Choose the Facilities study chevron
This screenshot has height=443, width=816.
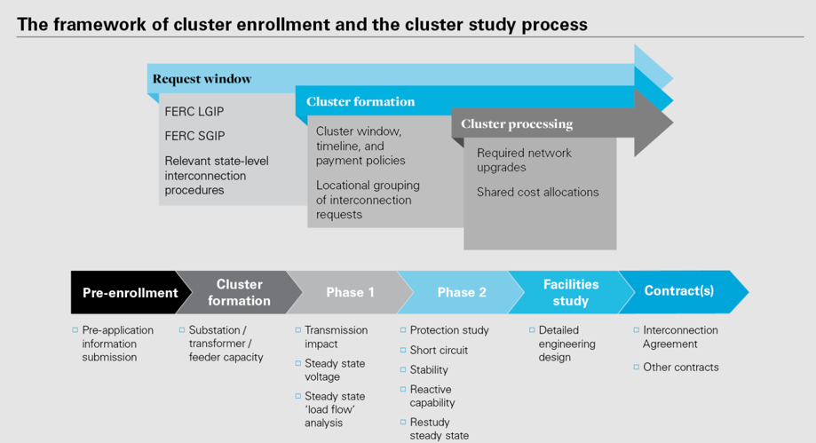click(571, 292)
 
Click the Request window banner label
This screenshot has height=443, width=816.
click(202, 79)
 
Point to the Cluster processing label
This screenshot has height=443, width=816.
click(517, 124)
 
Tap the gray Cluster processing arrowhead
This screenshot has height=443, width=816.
click(654, 123)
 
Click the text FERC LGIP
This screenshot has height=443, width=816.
click(194, 111)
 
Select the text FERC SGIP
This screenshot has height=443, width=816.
click(194, 136)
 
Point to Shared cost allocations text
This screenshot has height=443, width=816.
click(537, 192)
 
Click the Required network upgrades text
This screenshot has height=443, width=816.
click(524, 161)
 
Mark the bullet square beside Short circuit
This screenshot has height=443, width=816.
click(403, 351)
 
